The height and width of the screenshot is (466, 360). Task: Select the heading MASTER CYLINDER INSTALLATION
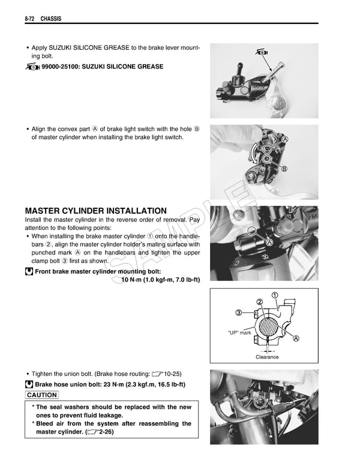(96, 211)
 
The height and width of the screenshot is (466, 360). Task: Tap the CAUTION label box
(42, 395)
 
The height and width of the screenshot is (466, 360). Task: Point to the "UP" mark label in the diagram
(239, 332)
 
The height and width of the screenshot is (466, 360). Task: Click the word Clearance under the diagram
(267, 357)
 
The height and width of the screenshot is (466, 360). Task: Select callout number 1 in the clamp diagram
(275, 294)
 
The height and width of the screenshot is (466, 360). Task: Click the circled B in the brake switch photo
(284, 169)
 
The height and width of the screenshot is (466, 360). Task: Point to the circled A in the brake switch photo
(285, 139)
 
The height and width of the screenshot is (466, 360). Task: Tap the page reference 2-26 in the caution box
(106, 432)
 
